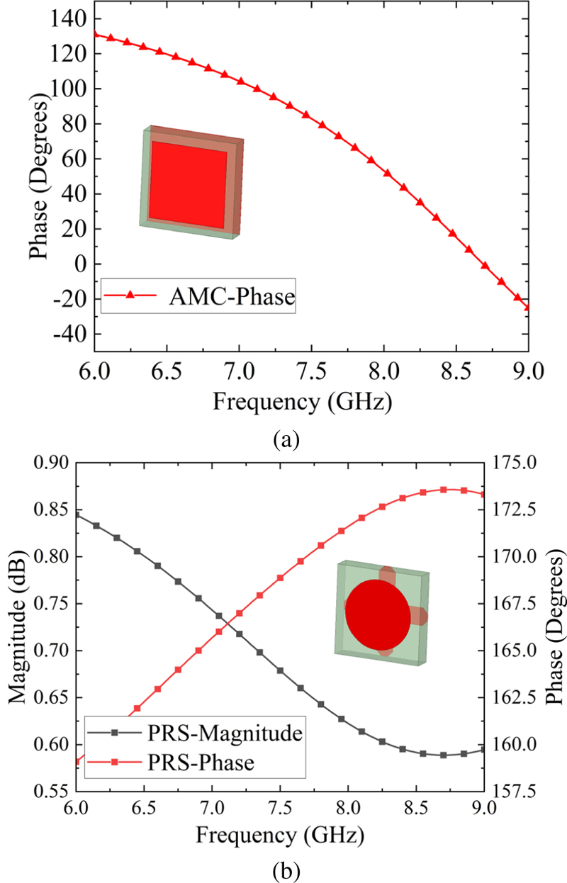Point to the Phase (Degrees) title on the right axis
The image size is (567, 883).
tap(551, 626)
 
